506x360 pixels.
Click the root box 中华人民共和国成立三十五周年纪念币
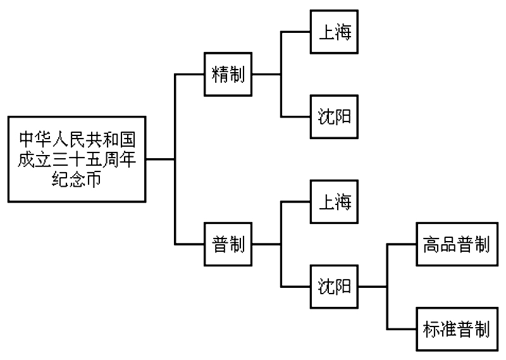point(77,159)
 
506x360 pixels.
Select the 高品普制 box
point(456,244)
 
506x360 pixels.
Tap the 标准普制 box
point(456,329)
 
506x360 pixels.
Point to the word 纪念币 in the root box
point(77,180)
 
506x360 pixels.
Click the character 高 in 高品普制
point(431,244)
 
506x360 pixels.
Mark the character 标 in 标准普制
point(431,329)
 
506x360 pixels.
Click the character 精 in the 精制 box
point(219,74)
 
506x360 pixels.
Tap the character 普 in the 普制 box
point(219,244)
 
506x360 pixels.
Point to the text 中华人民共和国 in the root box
point(77,137)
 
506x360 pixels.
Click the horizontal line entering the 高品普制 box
point(401,244)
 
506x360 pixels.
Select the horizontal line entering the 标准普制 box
point(401,329)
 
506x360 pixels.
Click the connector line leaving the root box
point(160,159)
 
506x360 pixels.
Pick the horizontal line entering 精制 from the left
point(189,74)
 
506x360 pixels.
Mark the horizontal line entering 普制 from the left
point(189,244)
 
